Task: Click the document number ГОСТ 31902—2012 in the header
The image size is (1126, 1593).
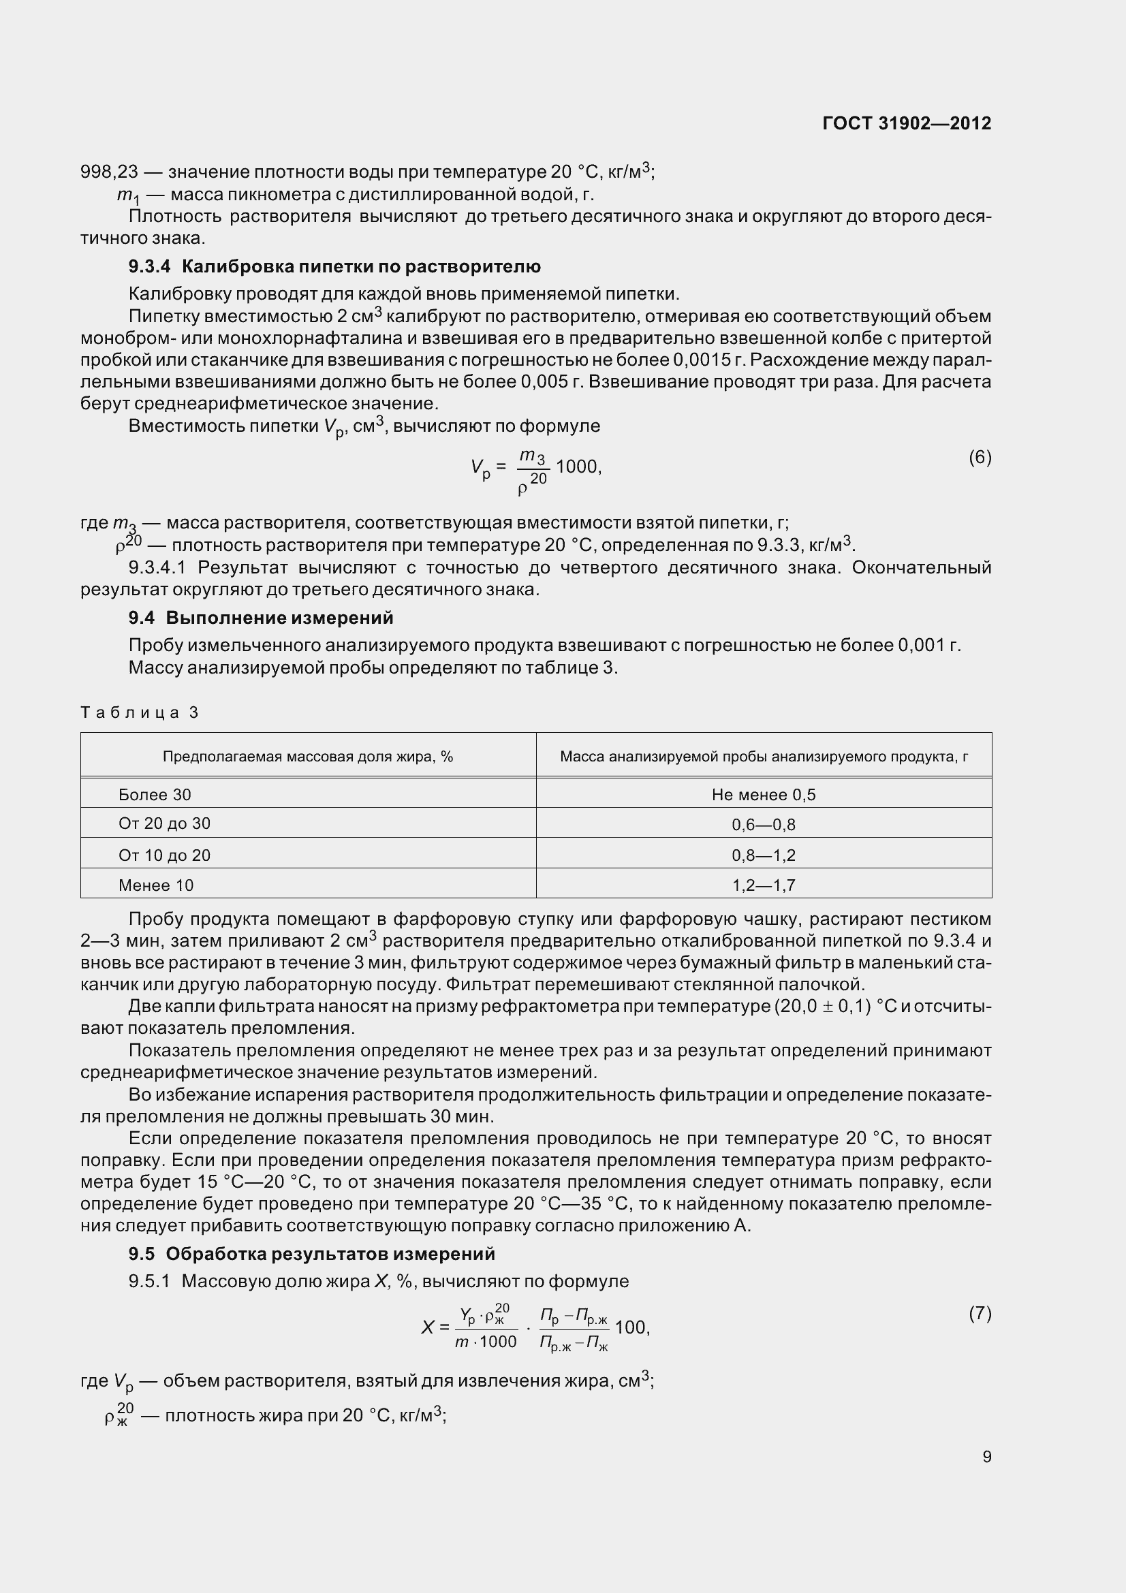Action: (x=906, y=123)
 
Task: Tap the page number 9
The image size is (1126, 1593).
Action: (x=986, y=1456)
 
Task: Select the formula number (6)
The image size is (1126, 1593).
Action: (x=980, y=457)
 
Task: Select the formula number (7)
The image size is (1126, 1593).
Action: (x=980, y=1313)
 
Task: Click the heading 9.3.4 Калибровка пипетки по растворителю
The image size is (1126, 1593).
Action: (x=334, y=266)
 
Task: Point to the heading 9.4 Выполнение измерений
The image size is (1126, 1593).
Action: (x=261, y=618)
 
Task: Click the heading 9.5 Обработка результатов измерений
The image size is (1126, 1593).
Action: (x=311, y=1254)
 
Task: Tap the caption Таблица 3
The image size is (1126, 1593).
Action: (x=140, y=712)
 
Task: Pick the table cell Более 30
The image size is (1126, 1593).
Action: (x=155, y=794)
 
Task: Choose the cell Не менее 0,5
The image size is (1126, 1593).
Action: (x=763, y=794)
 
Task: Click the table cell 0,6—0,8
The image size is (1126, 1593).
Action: (x=763, y=825)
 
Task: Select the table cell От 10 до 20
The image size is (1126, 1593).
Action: (x=164, y=855)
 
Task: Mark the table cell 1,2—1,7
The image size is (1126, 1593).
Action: (x=763, y=885)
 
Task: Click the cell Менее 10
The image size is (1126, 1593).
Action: (x=156, y=885)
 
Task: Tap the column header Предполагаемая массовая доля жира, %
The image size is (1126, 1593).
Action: (x=307, y=756)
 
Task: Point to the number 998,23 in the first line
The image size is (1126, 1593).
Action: (x=110, y=172)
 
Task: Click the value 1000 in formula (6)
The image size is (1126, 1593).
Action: (x=576, y=467)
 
